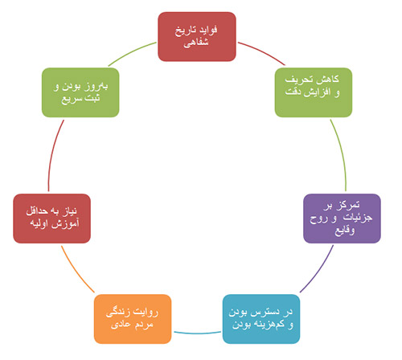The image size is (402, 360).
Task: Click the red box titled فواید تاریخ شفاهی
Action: click(197, 37)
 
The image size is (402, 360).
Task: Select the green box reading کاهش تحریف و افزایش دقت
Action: click(314, 92)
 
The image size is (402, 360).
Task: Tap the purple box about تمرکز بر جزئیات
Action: click(342, 219)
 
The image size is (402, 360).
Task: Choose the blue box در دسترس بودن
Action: click(261, 319)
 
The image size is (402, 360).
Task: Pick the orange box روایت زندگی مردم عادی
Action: click(133, 319)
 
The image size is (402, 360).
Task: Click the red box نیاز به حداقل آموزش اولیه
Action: click(51, 219)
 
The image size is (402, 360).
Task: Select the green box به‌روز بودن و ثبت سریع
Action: click(80, 92)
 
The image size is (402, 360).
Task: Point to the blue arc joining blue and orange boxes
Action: click(197, 333)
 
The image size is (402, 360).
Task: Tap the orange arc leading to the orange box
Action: click(76, 271)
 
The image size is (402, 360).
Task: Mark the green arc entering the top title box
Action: click(131, 52)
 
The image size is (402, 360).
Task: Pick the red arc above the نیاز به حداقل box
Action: click(53, 155)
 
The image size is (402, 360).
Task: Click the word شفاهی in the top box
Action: click(196, 43)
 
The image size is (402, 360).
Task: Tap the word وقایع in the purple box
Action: click(344, 231)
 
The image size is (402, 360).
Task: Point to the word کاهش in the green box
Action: click(330, 79)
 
